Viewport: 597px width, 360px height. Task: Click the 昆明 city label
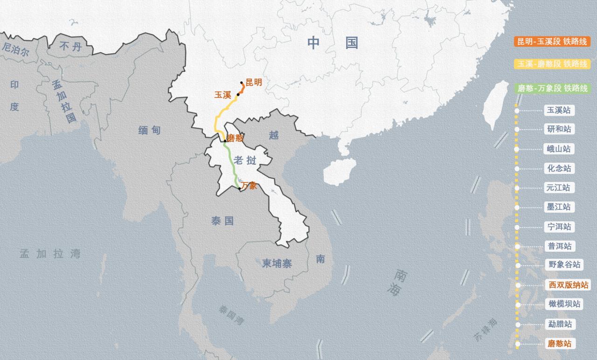[x=254, y=83]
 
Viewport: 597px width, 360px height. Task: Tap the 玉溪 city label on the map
[x=223, y=95]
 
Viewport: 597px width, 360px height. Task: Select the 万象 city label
[x=249, y=185]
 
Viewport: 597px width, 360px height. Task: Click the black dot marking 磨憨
[x=225, y=140]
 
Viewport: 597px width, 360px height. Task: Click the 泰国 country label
[x=222, y=221]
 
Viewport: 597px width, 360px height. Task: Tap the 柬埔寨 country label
[x=277, y=263]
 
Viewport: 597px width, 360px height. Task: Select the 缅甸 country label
[x=149, y=130]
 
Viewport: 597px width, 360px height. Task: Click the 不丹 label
[x=70, y=46]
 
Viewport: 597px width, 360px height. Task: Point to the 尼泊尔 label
[x=16, y=49]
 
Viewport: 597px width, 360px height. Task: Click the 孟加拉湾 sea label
[x=50, y=254]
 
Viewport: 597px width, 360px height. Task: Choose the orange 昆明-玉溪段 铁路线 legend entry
[x=552, y=42]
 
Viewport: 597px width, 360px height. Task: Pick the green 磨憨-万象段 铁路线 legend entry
[x=552, y=88]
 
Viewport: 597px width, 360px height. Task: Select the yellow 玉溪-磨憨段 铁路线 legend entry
[x=552, y=64]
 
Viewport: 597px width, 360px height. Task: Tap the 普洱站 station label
[x=559, y=246]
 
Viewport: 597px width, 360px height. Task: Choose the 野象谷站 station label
[x=564, y=264]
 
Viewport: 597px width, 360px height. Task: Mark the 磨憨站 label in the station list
[x=559, y=344]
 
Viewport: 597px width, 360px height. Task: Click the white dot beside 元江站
[x=517, y=188]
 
